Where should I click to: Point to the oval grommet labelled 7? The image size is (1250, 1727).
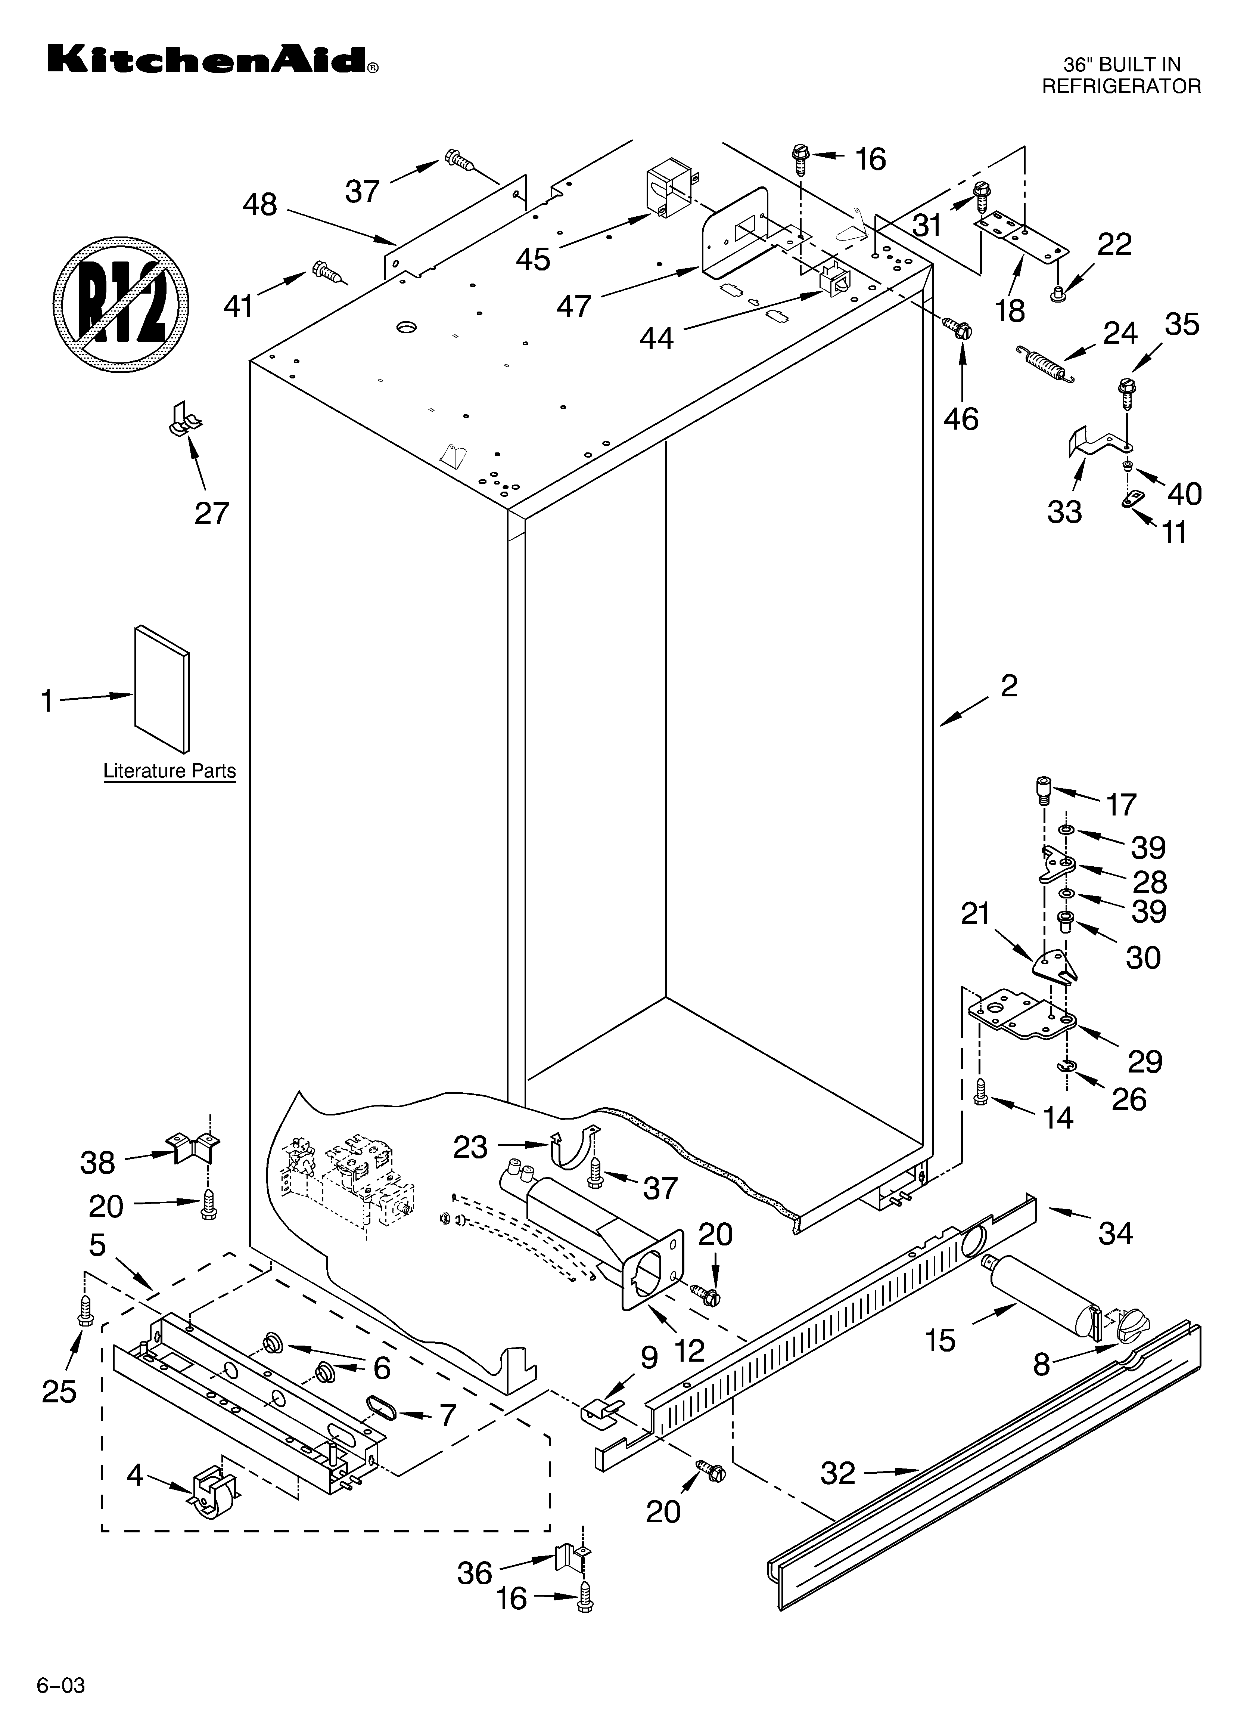click(380, 1408)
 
